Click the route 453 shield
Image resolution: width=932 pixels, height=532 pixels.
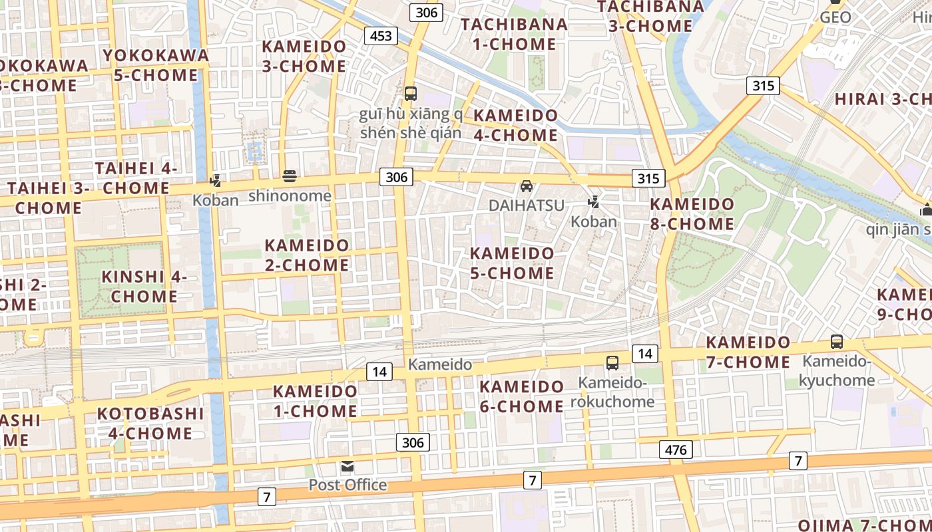[381, 36]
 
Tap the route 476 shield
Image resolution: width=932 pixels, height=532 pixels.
[676, 450]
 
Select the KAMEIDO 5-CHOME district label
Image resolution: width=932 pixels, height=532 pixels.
[512, 263]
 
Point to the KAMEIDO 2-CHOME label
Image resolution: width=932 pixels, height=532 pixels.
[307, 255]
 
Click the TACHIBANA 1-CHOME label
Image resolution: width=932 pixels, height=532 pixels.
[514, 35]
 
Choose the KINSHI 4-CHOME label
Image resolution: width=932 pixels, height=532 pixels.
[144, 286]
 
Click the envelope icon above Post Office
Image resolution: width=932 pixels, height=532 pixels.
[348, 466]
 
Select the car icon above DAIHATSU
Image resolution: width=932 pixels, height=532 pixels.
[527, 186]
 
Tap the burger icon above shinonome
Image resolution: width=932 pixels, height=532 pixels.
[290, 176]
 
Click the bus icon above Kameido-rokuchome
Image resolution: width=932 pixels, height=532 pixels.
[612, 363]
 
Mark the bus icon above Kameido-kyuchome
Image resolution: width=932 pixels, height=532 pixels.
[837, 342]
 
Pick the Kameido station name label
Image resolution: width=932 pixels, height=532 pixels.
[440, 364]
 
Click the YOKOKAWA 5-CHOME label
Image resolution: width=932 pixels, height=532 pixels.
[156, 65]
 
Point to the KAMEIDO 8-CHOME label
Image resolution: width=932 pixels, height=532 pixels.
[692, 214]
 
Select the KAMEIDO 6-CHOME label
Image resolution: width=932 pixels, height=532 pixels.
[522, 396]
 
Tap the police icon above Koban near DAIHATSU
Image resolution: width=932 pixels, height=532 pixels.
[594, 201]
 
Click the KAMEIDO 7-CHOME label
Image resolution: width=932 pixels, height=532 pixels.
[748, 352]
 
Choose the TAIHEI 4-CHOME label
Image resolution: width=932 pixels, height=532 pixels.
[136, 178]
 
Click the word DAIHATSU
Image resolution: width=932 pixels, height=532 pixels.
[527, 205]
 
